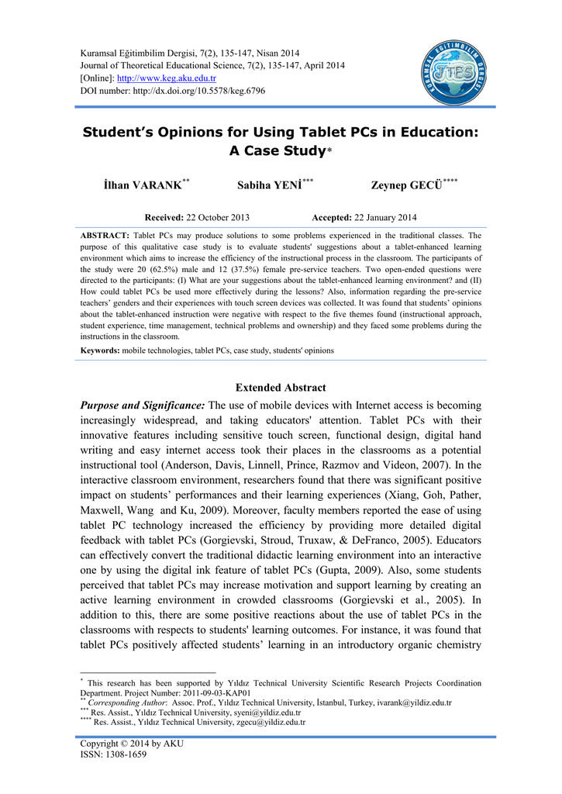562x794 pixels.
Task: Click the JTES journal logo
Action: click(455, 73)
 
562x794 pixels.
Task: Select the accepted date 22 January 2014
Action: click(384, 217)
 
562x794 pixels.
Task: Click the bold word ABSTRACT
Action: click(105, 235)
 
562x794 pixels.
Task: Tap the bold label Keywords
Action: click(100, 350)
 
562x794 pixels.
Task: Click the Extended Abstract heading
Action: click(281, 388)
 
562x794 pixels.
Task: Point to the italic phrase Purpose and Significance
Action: click(143, 406)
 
